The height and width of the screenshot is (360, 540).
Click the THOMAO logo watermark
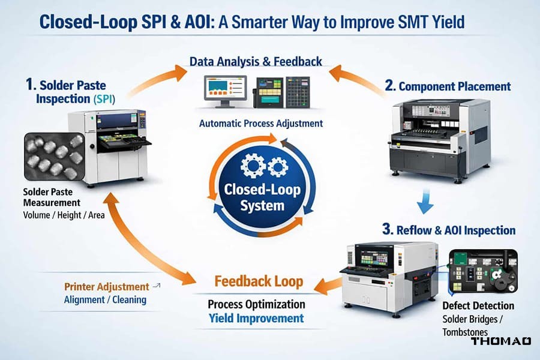pyautogui.click(x=500, y=341)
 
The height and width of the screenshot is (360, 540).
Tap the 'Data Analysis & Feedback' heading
pyautogui.click(x=256, y=61)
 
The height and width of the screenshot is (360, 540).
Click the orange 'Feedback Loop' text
pyautogui.click(x=259, y=281)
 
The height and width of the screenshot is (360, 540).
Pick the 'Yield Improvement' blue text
pyautogui.click(x=256, y=318)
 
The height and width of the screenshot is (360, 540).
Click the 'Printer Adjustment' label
pyautogui.click(x=106, y=287)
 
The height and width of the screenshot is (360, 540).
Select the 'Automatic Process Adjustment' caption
pyautogui.click(x=261, y=124)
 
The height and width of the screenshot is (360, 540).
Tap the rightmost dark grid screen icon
pyautogui.click(x=298, y=91)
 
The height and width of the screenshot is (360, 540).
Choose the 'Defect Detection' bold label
pyautogui.click(x=478, y=306)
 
